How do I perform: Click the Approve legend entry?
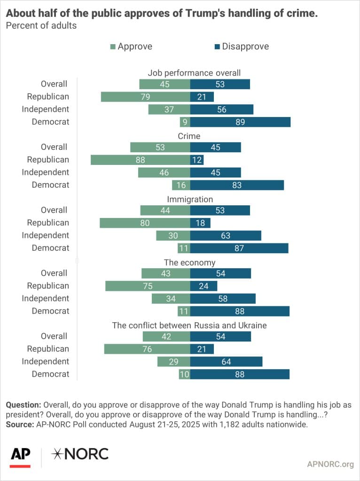pyautogui.click(x=131, y=46)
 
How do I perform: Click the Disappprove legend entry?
pyautogui.click(x=241, y=46)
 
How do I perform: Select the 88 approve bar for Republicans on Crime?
pyautogui.click(x=140, y=160)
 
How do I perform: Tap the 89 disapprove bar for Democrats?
pyautogui.click(x=240, y=122)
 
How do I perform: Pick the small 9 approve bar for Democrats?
pyautogui.click(x=185, y=122)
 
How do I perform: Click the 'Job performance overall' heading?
pyautogui.click(x=194, y=73)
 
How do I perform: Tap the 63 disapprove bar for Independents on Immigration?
pyautogui.click(x=226, y=235)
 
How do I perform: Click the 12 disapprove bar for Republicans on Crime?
pyautogui.click(x=196, y=160)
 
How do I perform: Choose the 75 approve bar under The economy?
pyautogui.click(x=148, y=286)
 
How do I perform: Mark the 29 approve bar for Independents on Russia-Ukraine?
pyautogui.click(x=174, y=361)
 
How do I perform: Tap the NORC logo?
pyautogui.click(x=80, y=454)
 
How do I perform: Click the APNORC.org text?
pyautogui.click(x=329, y=465)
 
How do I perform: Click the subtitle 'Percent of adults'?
pyautogui.click(x=41, y=25)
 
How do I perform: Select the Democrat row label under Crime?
pyautogui.click(x=50, y=185)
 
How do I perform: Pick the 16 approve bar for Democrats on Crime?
pyautogui.click(x=181, y=185)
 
